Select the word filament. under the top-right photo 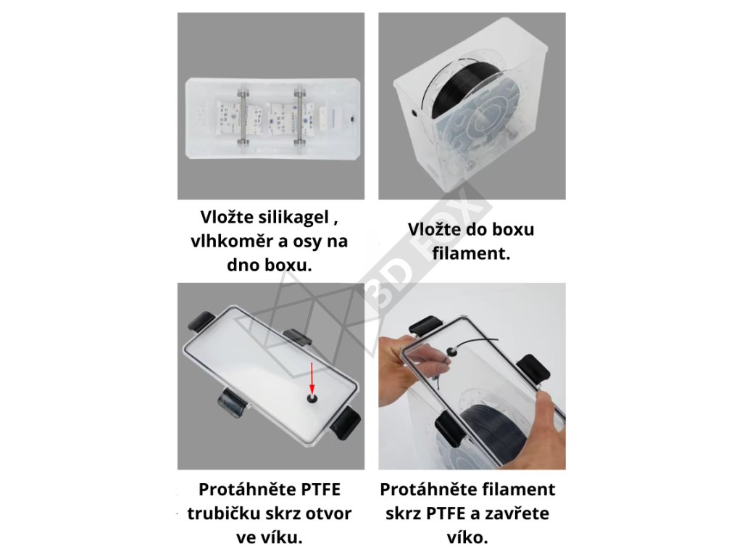point(471,253)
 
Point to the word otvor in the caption point(328,513)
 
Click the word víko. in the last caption point(467,537)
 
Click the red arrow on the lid point(312,377)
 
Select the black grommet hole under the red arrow point(312,400)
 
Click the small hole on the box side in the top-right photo point(414,113)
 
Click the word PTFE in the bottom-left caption point(317,490)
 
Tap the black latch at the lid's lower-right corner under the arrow point(346,424)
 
